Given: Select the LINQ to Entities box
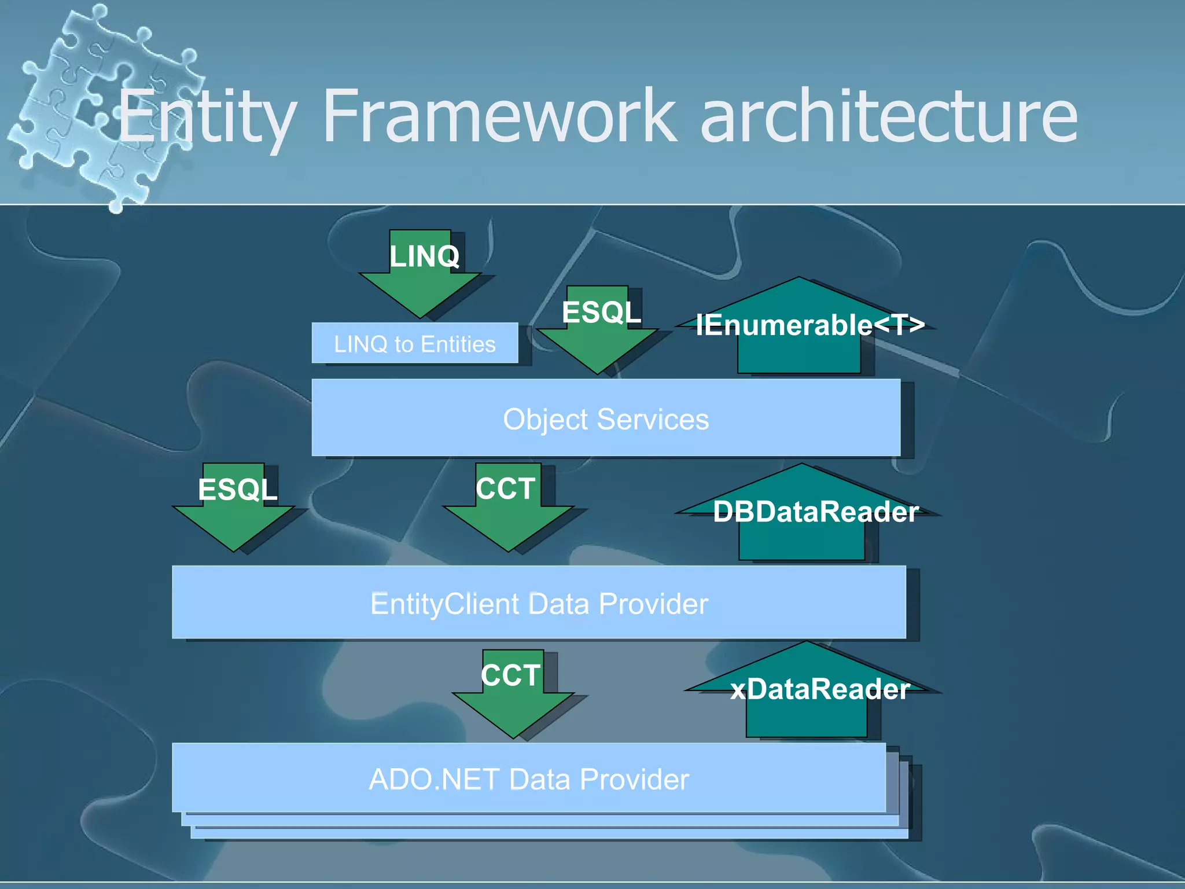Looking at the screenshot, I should (414, 344).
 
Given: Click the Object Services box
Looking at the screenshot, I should (605, 418).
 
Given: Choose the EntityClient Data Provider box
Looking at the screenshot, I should (538, 603).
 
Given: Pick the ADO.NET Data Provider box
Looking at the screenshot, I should (528, 779).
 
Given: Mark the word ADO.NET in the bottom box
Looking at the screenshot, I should (434, 779).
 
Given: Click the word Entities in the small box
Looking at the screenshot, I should (458, 344).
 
